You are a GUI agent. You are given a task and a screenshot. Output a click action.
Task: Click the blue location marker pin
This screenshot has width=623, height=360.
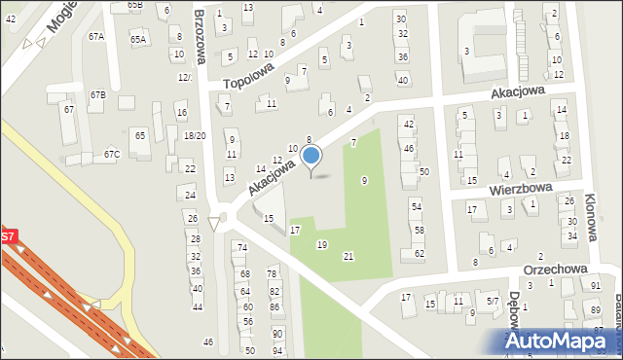[311, 156]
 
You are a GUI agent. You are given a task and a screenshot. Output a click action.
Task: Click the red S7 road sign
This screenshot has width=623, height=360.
[7, 236]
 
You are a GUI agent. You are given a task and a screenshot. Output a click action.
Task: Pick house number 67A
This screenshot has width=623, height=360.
[95, 36]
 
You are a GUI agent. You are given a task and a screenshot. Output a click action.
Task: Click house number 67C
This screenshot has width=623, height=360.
[112, 154]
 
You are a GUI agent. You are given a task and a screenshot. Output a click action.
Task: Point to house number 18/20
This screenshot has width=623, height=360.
[194, 135]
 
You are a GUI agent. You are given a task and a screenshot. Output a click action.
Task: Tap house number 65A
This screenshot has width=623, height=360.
[138, 39]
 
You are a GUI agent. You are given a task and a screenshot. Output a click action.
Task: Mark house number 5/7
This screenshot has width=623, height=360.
[493, 302]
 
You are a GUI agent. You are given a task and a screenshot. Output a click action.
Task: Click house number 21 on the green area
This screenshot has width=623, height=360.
[348, 256]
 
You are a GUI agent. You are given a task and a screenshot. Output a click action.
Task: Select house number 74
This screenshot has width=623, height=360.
[242, 248]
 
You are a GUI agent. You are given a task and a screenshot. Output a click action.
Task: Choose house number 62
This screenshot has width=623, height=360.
[420, 253]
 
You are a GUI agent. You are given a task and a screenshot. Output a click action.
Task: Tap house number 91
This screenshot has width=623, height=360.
[595, 285]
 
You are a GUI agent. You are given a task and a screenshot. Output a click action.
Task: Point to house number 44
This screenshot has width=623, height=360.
[198, 306]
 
